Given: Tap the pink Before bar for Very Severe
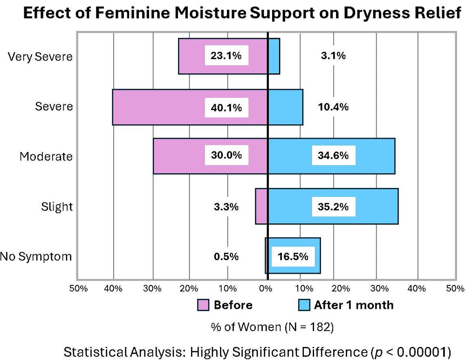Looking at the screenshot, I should [x=191, y=56].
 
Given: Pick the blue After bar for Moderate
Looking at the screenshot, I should [x=373, y=156].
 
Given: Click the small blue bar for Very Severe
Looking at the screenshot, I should [x=274, y=56].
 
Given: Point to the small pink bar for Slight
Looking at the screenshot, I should [x=261, y=207].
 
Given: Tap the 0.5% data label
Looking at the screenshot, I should [x=226, y=256].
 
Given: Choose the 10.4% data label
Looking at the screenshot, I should [x=333, y=107].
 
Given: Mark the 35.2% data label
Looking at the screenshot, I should [x=333, y=207].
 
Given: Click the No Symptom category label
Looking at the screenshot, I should [x=36, y=256].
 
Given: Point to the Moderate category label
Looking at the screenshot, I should [x=46, y=157].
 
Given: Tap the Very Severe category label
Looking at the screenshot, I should [x=41, y=57].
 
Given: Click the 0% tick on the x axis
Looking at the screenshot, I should [x=266, y=288].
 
